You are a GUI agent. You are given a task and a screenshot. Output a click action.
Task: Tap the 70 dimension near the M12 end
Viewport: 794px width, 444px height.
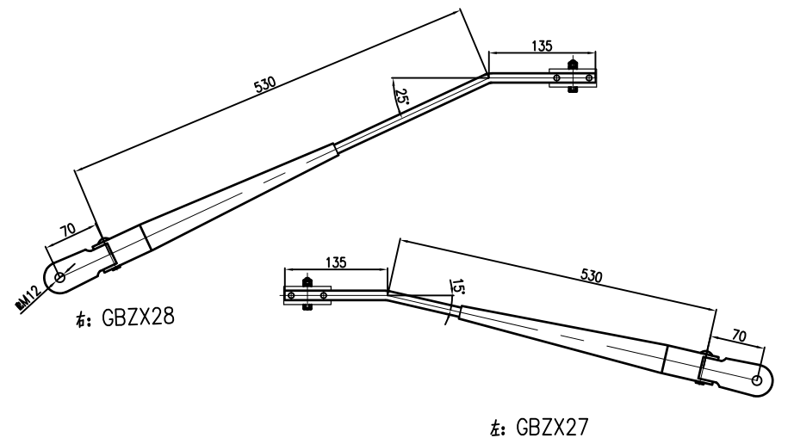click(68, 231)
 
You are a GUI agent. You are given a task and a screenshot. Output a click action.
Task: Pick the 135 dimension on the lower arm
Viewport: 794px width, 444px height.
click(335, 262)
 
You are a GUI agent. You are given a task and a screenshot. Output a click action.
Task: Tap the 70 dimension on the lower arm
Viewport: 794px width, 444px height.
click(738, 333)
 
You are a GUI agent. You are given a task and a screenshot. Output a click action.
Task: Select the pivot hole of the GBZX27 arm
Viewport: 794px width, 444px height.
click(757, 379)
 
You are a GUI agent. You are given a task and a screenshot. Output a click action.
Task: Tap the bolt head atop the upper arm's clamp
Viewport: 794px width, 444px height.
click(574, 64)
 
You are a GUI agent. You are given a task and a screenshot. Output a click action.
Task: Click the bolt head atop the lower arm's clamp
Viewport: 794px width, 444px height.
click(308, 281)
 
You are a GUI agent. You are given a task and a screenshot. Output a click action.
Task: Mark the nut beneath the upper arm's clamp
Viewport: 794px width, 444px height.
click(574, 90)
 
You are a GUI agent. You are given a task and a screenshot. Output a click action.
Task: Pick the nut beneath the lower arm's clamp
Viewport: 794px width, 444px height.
click(308, 308)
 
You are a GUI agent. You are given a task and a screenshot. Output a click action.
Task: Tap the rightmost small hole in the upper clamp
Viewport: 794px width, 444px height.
click(589, 77)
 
